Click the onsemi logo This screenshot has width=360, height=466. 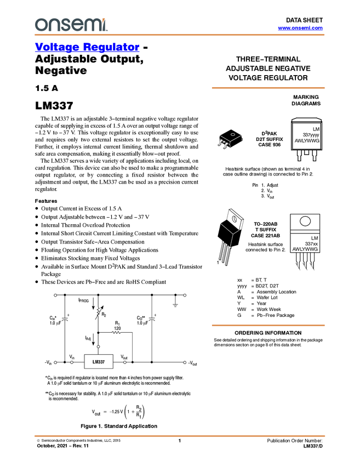71,25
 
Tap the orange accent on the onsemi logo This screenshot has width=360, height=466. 104,19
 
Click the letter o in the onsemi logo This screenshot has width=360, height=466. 39,25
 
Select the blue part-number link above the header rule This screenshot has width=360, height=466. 300,28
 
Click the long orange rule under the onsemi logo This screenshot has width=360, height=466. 179,35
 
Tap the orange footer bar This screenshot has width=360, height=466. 179,436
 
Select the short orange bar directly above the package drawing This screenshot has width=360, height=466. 268,87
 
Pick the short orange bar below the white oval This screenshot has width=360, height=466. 268,325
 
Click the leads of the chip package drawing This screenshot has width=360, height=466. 224,144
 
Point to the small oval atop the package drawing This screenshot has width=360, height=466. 233,134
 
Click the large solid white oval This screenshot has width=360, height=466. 305,221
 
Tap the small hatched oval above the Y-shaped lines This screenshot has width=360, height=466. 235,219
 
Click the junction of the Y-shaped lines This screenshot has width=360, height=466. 233,234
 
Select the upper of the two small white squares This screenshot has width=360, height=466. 45,382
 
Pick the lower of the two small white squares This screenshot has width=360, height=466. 46,397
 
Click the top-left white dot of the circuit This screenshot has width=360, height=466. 55,295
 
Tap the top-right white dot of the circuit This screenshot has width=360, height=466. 185,295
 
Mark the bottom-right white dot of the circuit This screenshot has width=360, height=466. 185,362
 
